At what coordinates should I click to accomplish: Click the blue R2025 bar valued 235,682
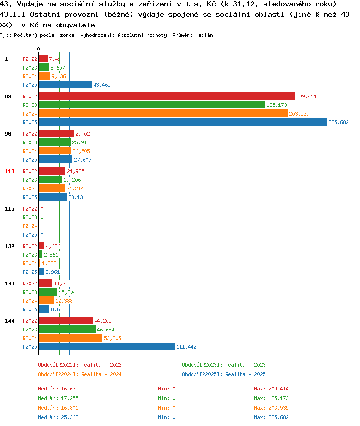pos(183,122)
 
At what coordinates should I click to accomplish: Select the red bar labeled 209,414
pos(167,96)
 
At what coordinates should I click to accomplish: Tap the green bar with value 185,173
pos(152,105)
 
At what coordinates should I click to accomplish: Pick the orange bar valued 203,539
pos(163,113)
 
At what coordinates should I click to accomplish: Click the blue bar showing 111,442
pos(107,346)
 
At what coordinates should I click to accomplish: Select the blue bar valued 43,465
pos(65,84)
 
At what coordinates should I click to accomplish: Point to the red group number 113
pos(10,171)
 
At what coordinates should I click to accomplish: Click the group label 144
pos(10,321)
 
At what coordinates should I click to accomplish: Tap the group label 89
pos(8,96)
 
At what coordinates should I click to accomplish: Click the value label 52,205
pos(113,338)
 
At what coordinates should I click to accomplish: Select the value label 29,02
pos(83,134)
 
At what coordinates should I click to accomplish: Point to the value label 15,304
pos(67,292)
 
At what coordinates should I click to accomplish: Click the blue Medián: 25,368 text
pos(58,417)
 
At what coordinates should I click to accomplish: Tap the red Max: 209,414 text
pos(271,389)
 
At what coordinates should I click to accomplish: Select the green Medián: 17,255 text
pos(58,398)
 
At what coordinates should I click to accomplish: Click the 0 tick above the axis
pos(38,49)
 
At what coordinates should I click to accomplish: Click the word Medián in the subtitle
pos(204,35)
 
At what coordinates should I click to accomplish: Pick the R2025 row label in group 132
pos(30,272)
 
